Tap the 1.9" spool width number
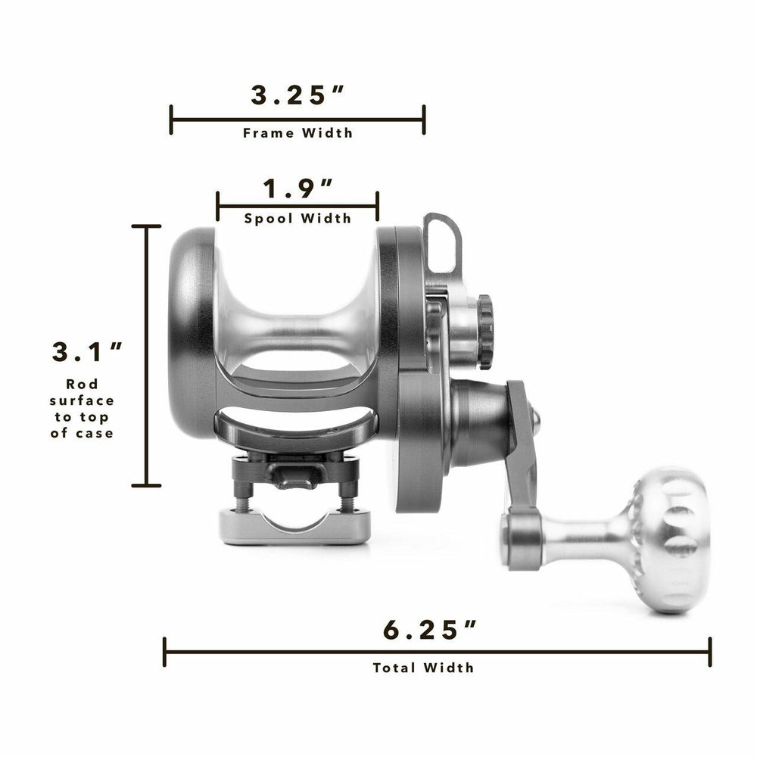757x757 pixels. pyautogui.click(x=298, y=188)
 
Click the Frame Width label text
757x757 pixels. pyautogui.click(x=298, y=133)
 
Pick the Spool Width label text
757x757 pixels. pyautogui.click(x=298, y=219)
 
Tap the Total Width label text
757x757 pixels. pyautogui.click(x=423, y=668)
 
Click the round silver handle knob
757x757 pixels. pyautogui.click(x=666, y=539)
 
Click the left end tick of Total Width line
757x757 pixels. pyautogui.click(x=165, y=652)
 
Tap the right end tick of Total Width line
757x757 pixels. pyautogui.click(x=709, y=652)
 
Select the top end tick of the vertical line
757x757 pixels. pyautogui.click(x=146, y=226)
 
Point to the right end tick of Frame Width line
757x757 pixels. pyautogui.click(x=424, y=120)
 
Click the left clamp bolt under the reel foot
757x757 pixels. pyautogui.click(x=241, y=502)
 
